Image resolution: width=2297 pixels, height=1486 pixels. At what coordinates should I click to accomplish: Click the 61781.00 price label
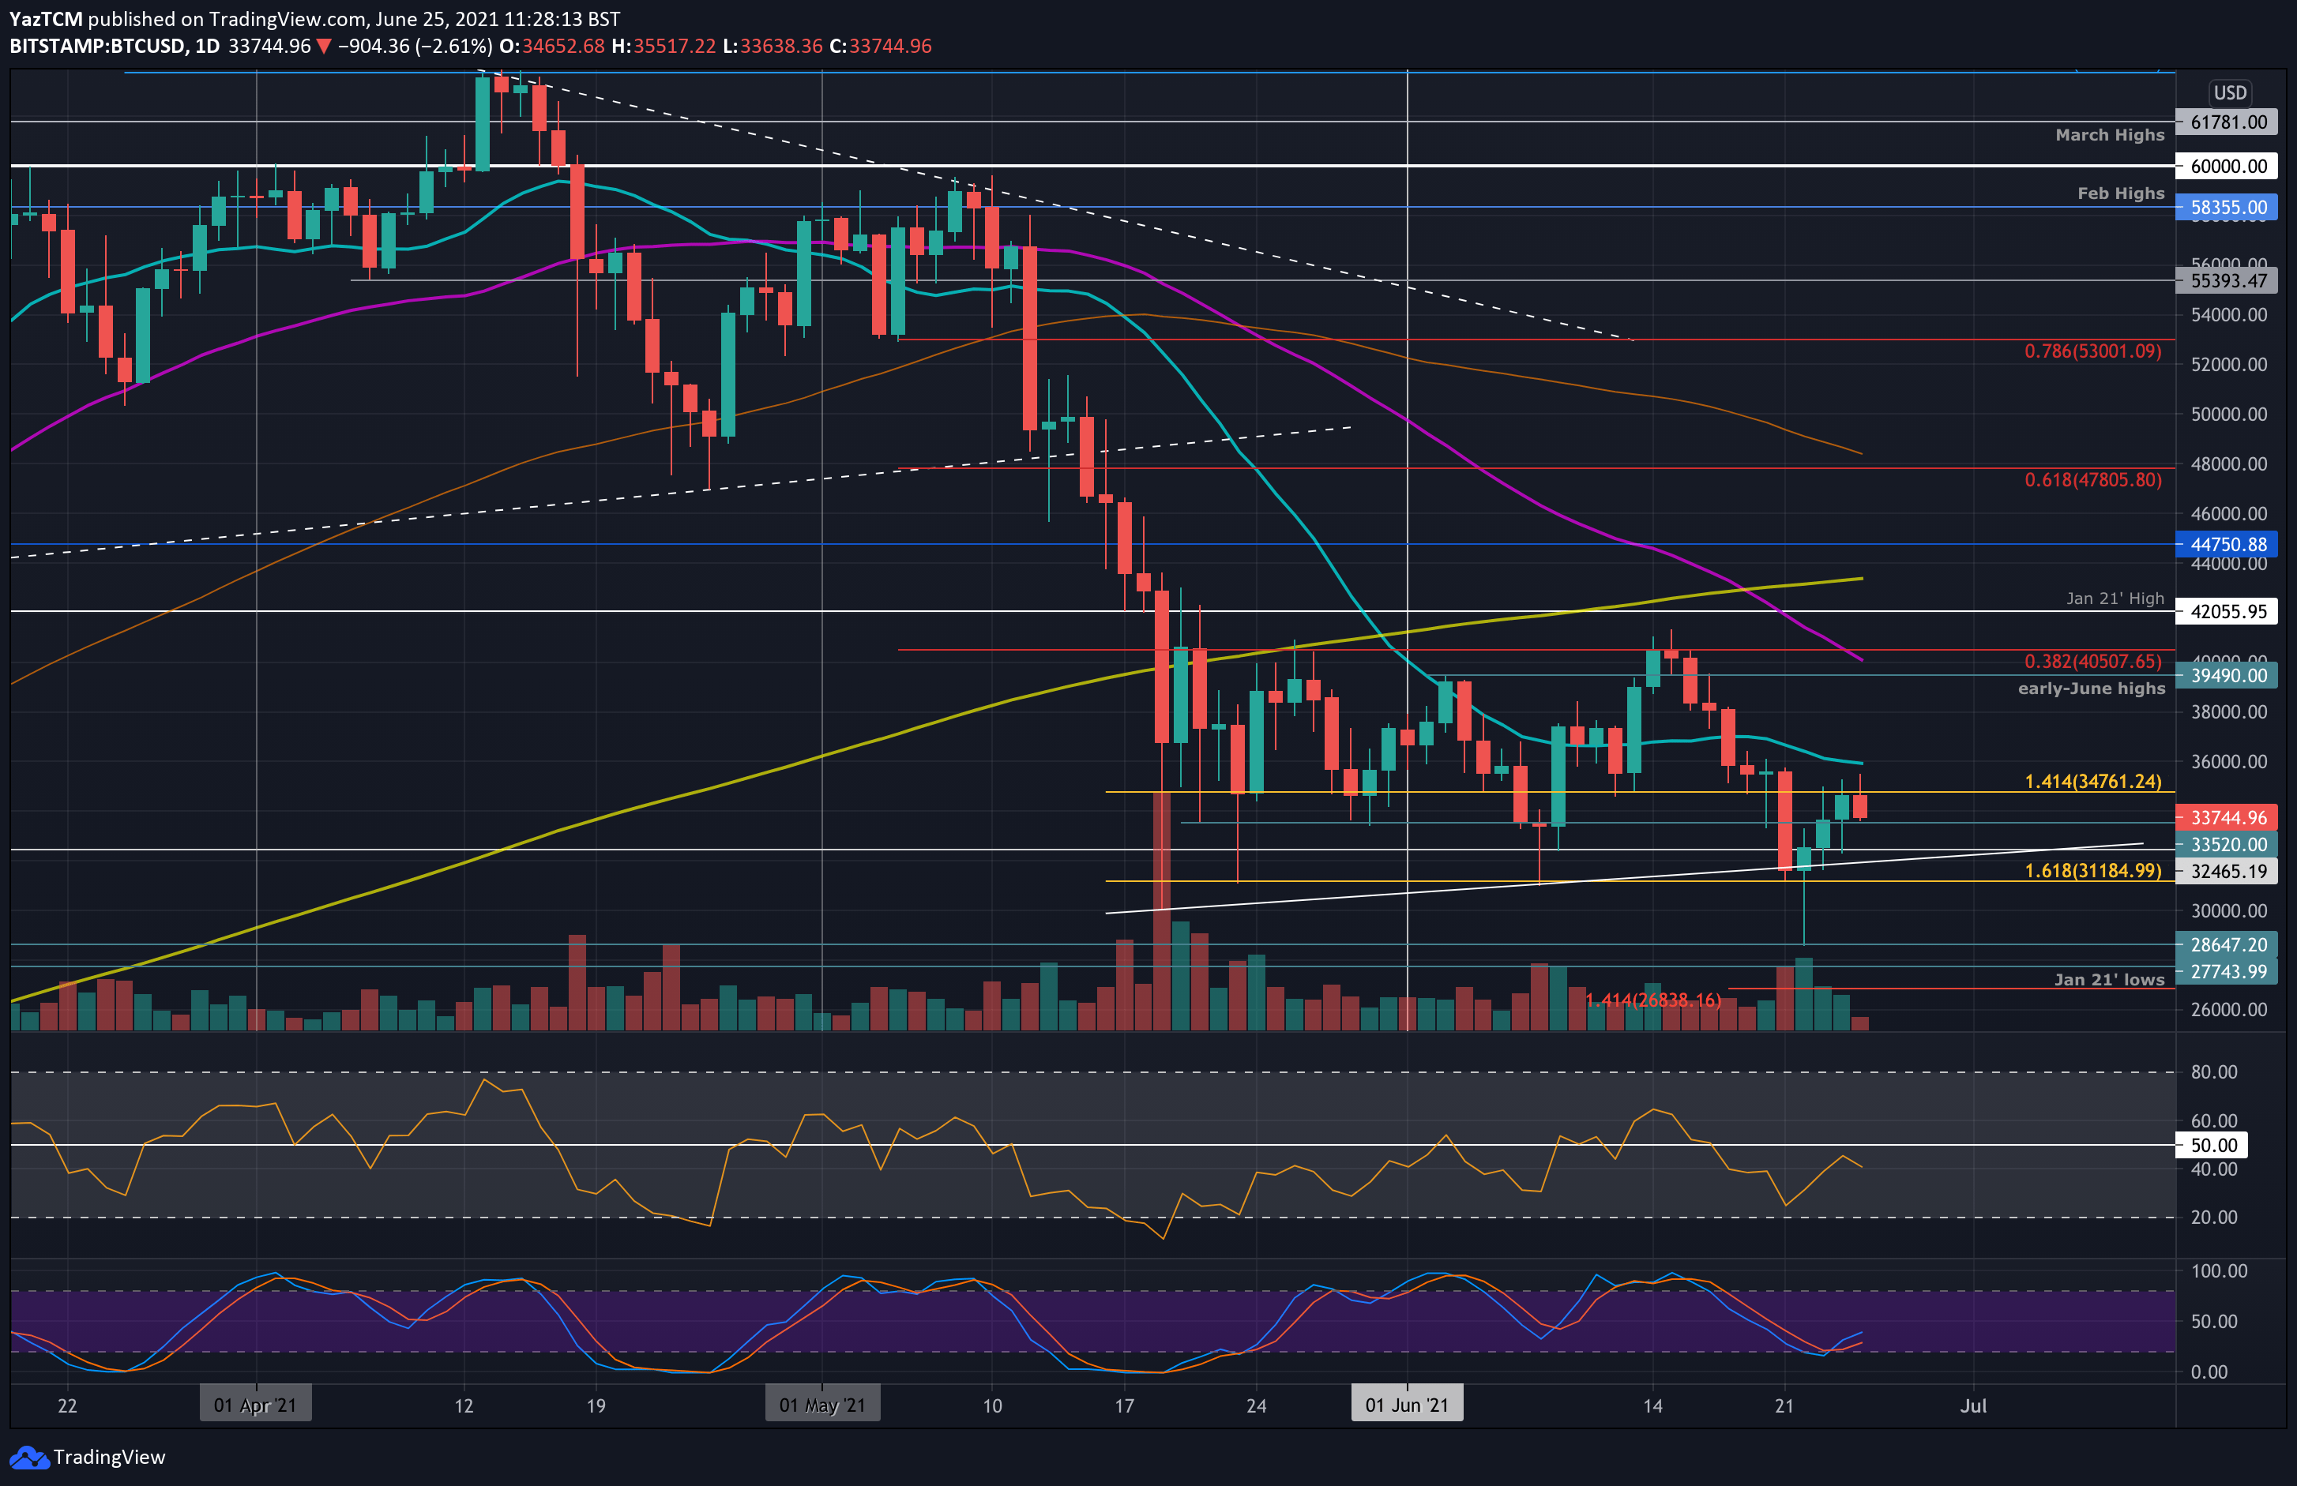coord(2227,122)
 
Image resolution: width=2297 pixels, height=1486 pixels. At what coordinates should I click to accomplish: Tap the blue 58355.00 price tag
coord(2227,207)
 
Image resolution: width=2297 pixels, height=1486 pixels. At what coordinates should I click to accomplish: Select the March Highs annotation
coord(2109,135)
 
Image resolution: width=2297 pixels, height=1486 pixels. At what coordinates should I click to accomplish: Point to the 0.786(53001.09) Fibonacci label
coord(2092,351)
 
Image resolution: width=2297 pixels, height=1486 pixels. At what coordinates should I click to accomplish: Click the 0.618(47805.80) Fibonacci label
coord(2092,479)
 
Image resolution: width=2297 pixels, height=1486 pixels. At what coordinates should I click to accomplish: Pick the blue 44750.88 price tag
coord(2227,544)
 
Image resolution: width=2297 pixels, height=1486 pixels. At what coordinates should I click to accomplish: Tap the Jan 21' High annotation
coord(2114,599)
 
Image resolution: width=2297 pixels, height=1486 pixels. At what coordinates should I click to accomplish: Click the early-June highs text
coord(2091,688)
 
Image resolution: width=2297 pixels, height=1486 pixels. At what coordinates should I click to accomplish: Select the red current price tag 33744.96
coord(2227,817)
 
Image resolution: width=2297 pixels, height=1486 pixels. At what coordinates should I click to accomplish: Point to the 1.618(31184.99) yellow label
coord(2092,870)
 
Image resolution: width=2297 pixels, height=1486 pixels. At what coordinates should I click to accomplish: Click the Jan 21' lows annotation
coord(2108,979)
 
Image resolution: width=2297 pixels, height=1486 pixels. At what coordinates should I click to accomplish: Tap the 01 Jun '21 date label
coord(1406,1405)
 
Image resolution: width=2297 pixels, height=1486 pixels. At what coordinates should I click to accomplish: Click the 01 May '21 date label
coord(821,1405)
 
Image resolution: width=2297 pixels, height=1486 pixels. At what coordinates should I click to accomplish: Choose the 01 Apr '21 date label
coord(255,1405)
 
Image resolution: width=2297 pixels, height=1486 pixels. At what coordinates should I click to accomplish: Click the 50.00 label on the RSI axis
coord(2213,1146)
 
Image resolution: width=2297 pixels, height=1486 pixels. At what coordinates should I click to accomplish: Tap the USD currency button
coord(2229,92)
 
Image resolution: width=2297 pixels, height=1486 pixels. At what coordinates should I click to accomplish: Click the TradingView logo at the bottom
coord(88,1457)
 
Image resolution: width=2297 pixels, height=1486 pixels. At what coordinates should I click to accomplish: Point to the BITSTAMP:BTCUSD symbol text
coord(97,47)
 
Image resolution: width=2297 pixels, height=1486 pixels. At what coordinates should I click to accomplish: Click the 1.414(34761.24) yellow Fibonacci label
coord(2092,782)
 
